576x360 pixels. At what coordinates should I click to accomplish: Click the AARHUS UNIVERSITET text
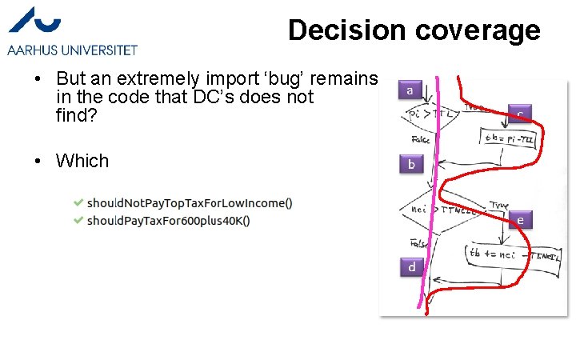click(x=72, y=50)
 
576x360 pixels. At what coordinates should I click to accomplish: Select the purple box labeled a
click(x=410, y=91)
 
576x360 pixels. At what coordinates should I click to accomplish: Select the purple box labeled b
click(x=411, y=165)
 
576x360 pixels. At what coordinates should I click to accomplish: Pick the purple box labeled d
click(x=411, y=266)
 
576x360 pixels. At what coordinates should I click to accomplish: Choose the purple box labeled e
click(x=520, y=219)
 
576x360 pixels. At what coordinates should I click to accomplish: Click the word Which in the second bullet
click(x=82, y=161)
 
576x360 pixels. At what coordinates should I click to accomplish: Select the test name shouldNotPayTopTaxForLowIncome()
click(x=190, y=203)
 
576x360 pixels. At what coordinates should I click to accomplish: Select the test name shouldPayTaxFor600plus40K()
click(x=168, y=219)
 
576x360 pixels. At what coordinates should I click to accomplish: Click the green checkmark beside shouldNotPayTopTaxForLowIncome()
click(x=77, y=203)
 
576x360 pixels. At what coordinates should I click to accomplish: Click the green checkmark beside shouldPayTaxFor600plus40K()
click(x=77, y=219)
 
